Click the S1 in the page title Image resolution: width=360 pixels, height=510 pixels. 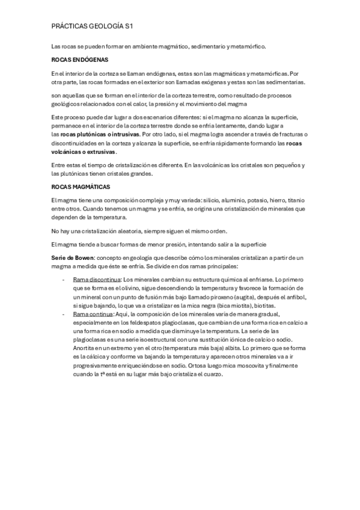[x=128, y=26]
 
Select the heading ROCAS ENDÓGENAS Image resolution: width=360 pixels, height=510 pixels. [x=76, y=60]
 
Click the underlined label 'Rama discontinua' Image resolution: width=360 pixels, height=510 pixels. [x=96, y=280]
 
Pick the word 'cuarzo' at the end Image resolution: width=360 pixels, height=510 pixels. [x=212, y=374]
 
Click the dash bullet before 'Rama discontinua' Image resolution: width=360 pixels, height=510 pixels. [x=64, y=280]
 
